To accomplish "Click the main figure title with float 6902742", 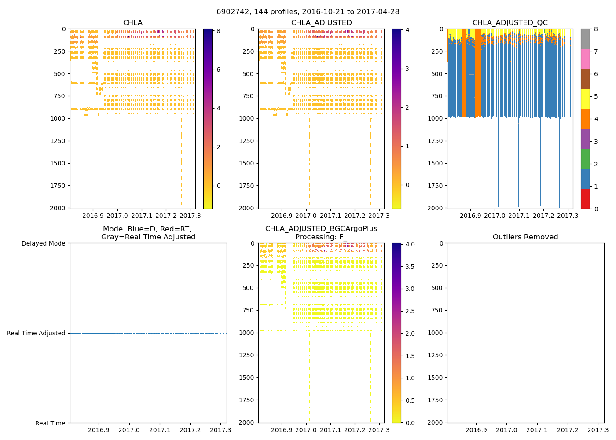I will [308, 12].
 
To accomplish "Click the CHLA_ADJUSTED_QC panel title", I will [510, 23].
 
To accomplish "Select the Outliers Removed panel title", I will [525, 237].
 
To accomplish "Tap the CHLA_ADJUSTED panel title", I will [321, 23].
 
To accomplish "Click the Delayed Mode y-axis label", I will [43, 243].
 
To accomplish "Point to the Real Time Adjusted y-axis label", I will [36, 333].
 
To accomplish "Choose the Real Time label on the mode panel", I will [50, 423].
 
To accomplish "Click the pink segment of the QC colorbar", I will [585, 59].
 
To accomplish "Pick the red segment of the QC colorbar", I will [585, 199].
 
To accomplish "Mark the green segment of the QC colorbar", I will [585, 158].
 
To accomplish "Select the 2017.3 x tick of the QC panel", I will [568, 216].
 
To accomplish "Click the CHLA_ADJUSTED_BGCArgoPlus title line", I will [321, 229].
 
